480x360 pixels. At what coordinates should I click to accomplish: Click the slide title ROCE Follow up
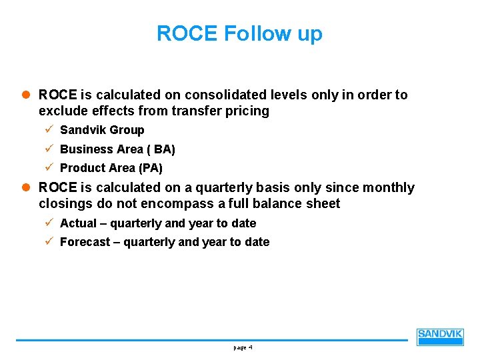click(239, 33)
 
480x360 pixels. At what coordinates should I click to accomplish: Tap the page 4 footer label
click(242, 347)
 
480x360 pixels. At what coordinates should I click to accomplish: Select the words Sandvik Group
click(102, 130)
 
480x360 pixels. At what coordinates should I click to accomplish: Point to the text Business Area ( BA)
click(117, 149)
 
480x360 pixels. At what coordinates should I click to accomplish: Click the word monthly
click(389, 188)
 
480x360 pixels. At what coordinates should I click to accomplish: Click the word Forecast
click(85, 242)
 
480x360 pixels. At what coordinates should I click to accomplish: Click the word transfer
click(196, 111)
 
